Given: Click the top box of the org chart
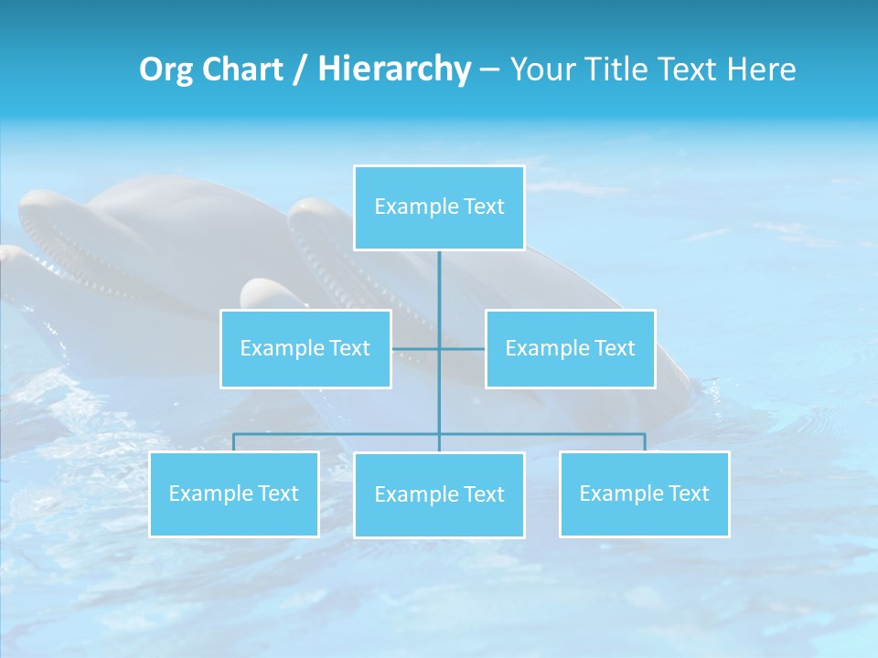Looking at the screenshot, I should tap(439, 207).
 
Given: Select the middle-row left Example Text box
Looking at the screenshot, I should tap(305, 348).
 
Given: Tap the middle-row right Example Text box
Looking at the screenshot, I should tap(570, 348).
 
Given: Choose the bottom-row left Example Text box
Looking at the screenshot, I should tap(233, 493).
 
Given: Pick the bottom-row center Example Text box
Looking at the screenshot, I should tap(439, 494).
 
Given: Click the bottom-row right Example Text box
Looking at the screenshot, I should tap(644, 493).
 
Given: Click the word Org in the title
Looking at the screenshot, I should tap(166, 69).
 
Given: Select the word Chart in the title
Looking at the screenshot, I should tap(241, 69).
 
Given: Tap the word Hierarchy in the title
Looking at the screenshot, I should tap(394, 69).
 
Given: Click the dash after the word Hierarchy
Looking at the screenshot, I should tap(489, 70).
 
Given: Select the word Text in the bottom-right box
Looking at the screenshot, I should tap(688, 493).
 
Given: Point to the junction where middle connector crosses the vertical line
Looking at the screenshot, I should tap(439, 348).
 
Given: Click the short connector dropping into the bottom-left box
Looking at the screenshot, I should tap(233, 442).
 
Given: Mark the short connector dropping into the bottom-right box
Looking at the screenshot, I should tap(644, 442).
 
